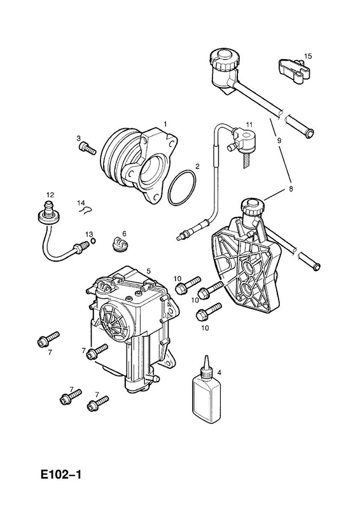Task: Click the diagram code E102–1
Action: [61, 475]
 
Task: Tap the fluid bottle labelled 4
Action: [207, 392]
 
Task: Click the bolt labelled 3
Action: [87, 149]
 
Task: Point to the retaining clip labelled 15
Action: [294, 71]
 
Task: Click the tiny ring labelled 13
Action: [93, 241]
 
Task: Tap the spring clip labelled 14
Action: [87, 211]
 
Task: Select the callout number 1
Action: [165, 124]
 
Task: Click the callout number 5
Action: [148, 271]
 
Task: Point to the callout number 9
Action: [279, 141]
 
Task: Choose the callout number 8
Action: [291, 188]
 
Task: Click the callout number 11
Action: [249, 124]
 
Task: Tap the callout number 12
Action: [50, 195]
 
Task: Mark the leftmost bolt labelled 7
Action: [48, 338]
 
